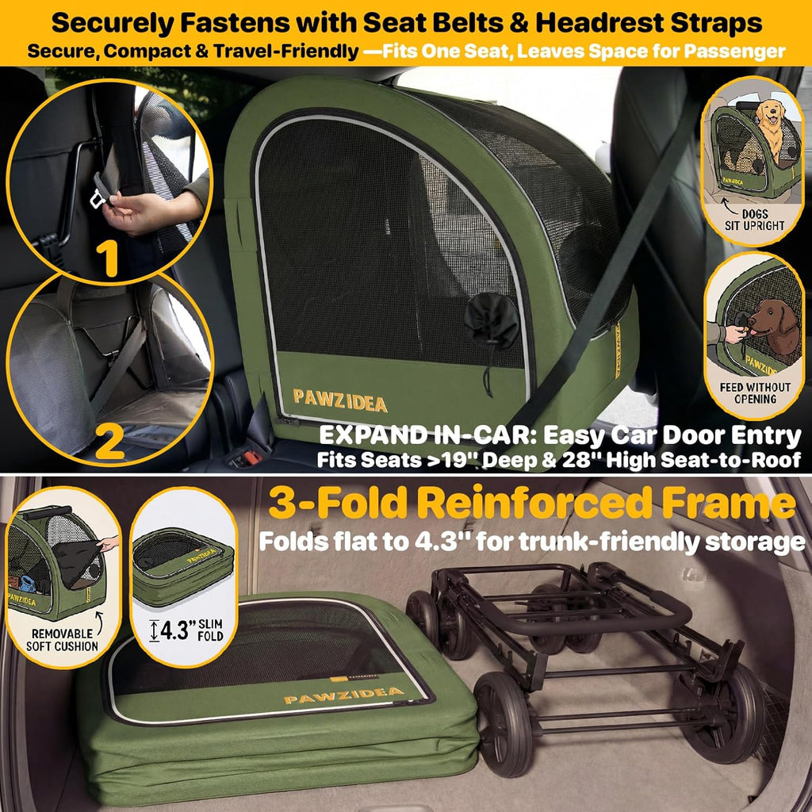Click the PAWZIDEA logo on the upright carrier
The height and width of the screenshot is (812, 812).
[x=339, y=400]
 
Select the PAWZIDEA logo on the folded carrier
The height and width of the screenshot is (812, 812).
[x=344, y=696]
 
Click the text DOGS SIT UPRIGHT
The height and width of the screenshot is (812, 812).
[x=755, y=220]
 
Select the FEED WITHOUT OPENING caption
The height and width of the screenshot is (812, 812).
[x=755, y=393]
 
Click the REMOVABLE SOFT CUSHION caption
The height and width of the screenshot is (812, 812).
[x=62, y=640]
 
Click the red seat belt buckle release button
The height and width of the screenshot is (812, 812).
[x=253, y=458]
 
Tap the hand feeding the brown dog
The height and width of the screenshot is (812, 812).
[x=735, y=334]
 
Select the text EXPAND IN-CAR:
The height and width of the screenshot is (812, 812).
[x=427, y=435]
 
